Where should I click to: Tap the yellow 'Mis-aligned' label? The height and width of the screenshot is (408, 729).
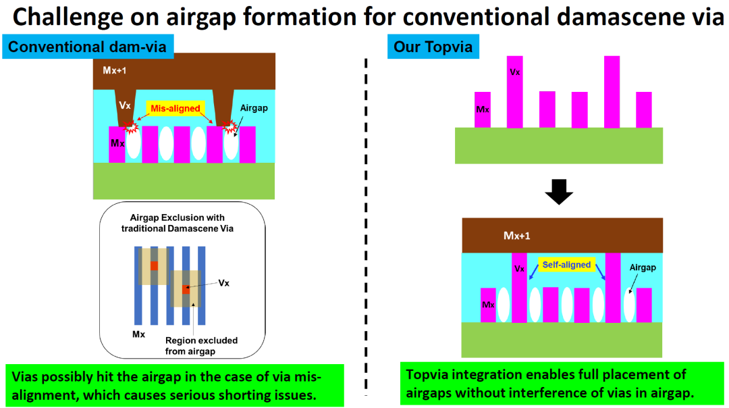(x=175, y=108)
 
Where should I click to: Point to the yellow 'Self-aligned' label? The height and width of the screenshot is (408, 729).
(x=566, y=265)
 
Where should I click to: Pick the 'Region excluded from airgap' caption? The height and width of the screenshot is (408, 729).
(x=201, y=346)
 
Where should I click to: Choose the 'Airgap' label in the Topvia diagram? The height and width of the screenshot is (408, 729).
(x=642, y=267)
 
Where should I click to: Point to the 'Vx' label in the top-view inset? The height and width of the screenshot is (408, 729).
(x=223, y=282)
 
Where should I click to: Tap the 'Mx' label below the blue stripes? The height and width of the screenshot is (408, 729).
(x=138, y=334)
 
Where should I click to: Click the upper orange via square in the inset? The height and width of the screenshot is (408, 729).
(x=154, y=265)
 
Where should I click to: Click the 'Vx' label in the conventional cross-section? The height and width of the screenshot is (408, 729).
(x=124, y=105)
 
